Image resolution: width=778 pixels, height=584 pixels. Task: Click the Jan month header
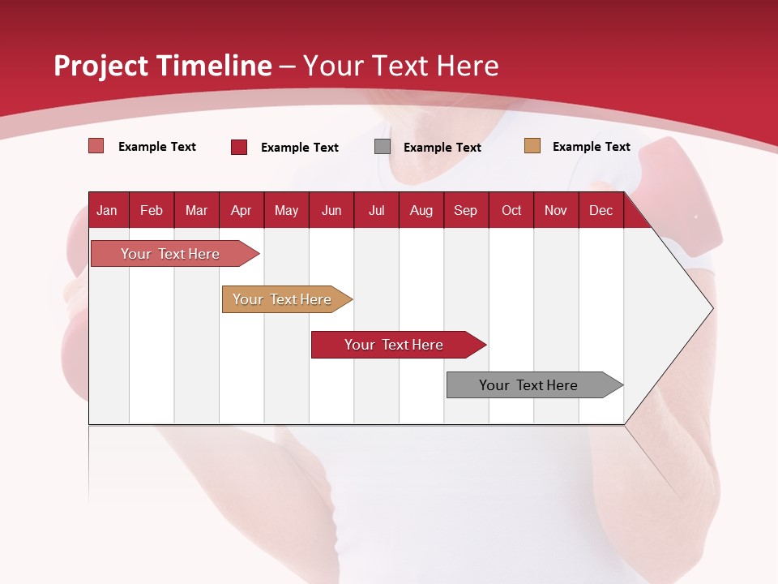click(x=107, y=211)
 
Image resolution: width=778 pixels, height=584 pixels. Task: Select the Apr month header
click(x=241, y=211)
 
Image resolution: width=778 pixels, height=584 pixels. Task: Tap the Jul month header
click(x=376, y=211)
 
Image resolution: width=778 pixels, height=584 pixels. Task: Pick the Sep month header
click(x=465, y=211)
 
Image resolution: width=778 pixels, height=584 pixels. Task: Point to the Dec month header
click(x=601, y=211)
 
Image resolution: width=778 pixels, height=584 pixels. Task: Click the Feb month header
click(x=152, y=211)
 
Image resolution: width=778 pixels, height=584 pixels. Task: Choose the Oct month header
click(x=511, y=211)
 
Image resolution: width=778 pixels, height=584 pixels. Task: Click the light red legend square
click(x=96, y=146)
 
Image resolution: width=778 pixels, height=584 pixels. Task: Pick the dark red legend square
click(x=239, y=147)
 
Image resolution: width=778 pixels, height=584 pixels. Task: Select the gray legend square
click(x=383, y=147)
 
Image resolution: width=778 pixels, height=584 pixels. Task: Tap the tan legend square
click(x=532, y=146)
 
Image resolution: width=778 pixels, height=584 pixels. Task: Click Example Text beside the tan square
click(x=591, y=147)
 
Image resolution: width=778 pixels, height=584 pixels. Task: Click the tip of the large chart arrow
click(x=712, y=308)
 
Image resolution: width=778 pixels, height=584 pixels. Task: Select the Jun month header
click(x=331, y=211)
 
